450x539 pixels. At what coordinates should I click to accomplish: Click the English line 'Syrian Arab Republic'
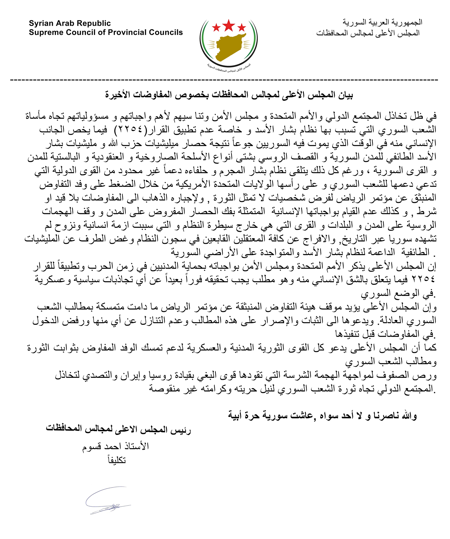[x=70, y=23]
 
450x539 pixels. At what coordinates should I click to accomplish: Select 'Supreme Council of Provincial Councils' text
[x=106, y=32]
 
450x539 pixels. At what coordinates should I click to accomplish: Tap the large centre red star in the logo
[x=228, y=25]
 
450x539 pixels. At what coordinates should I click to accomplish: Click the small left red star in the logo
[x=216, y=27]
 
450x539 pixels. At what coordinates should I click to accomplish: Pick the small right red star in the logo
[x=241, y=27]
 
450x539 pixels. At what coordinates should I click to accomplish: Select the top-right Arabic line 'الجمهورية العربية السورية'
[x=382, y=22]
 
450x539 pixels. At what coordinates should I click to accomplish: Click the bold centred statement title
[x=229, y=95]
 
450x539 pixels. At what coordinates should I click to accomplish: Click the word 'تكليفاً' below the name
[x=117, y=460]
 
